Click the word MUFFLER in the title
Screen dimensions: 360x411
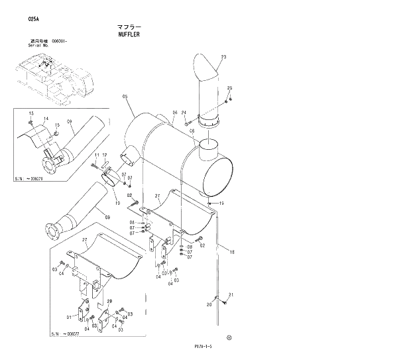click(129, 34)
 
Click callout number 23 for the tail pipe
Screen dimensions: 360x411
click(223, 58)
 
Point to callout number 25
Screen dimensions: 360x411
click(230, 88)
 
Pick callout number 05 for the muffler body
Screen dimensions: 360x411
click(125, 97)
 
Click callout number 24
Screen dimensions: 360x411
click(184, 113)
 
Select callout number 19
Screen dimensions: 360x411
click(221, 204)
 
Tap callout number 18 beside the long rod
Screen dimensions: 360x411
click(232, 252)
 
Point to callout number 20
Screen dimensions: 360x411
click(209, 305)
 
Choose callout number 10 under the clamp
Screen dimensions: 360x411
click(117, 203)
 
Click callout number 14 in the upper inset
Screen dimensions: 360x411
click(46, 119)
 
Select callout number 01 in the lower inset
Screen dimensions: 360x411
click(68, 318)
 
